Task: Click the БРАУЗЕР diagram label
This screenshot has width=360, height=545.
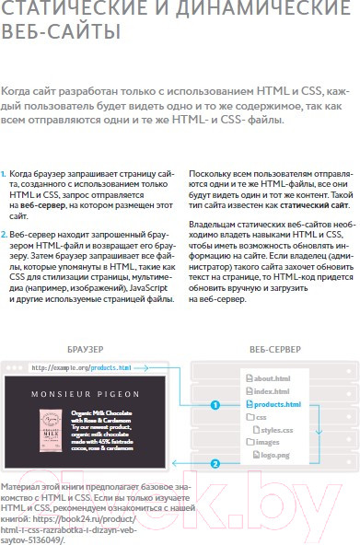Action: click(85, 350)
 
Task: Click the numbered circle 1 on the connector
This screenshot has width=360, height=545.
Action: click(215, 404)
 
